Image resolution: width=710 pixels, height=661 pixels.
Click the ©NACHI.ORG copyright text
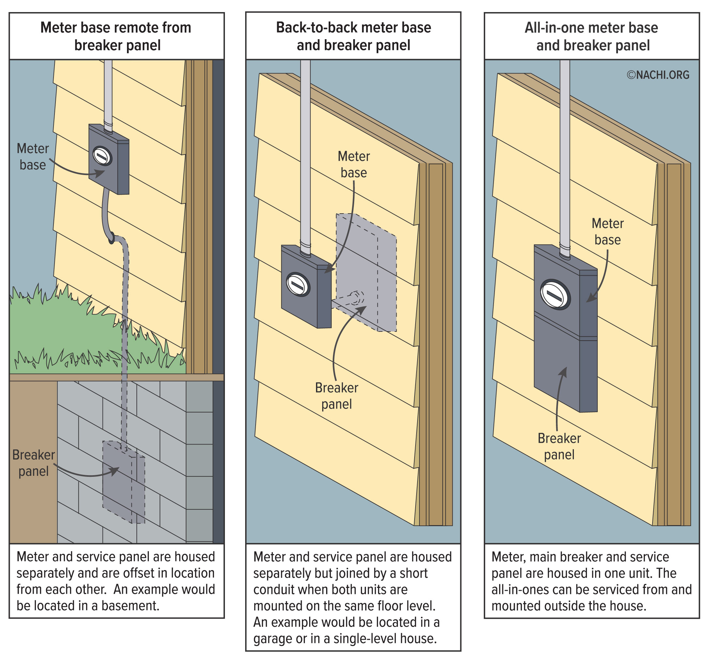click(658, 75)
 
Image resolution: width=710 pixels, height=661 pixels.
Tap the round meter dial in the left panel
click(102, 156)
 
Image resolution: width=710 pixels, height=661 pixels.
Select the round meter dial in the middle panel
click(298, 285)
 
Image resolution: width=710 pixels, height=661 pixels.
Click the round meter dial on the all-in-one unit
click(555, 295)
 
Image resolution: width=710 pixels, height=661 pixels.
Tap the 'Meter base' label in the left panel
click(33, 156)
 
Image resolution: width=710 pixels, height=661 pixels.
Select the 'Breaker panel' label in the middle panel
click(337, 396)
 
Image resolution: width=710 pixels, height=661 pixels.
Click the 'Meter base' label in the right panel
click(607, 232)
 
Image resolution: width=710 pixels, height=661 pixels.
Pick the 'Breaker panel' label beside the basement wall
click(33, 463)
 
